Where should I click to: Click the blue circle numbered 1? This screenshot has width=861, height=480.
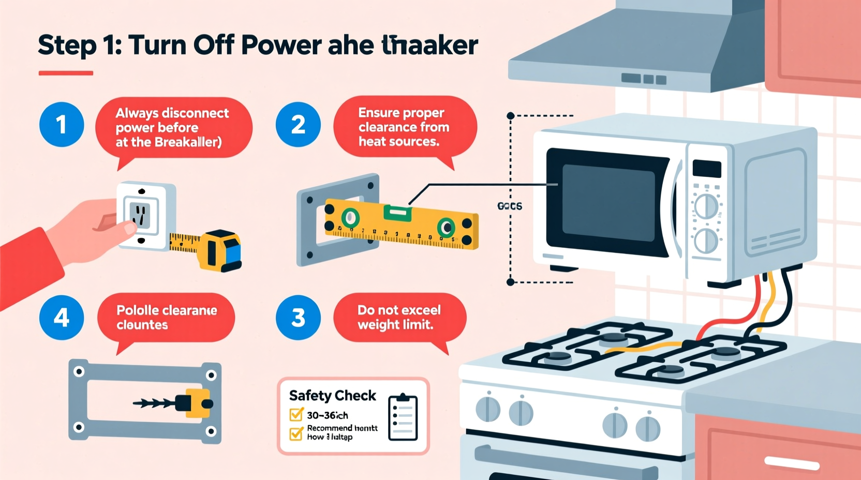click(x=62, y=125)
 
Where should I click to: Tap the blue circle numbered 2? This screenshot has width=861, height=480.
click(x=298, y=125)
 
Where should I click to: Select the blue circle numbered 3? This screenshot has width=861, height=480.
click(x=298, y=318)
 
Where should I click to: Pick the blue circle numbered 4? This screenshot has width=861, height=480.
click(x=62, y=318)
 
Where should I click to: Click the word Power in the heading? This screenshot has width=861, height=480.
click(x=281, y=46)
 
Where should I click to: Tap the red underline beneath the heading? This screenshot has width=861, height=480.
click(x=66, y=73)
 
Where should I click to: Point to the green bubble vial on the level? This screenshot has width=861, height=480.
click(x=397, y=212)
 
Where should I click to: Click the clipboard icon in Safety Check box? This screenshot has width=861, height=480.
click(x=403, y=417)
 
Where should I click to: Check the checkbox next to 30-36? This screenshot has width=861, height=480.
click(x=296, y=414)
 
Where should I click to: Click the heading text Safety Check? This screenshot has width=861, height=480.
click(x=332, y=396)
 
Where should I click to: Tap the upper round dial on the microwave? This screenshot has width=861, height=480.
click(x=706, y=206)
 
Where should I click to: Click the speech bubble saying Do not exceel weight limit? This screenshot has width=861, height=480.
click(x=399, y=318)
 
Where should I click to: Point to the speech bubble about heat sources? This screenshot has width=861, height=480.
click(x=404, y=127)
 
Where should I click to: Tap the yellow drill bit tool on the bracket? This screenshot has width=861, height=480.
click(x=194, y=403)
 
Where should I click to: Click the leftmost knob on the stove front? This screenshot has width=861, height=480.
click(x=487, y=409)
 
